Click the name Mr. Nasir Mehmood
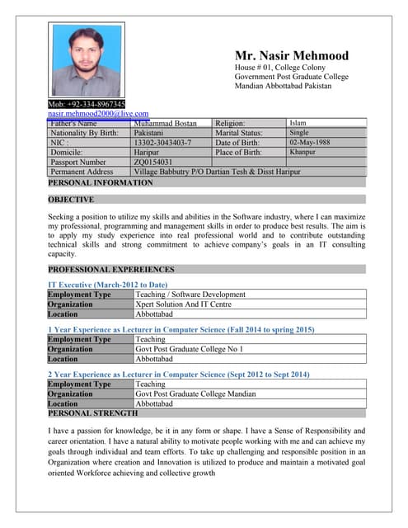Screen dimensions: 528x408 coord(291,56)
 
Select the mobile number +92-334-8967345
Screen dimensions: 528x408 coord(87,105)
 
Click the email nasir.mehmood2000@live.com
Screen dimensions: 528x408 coord(98,114)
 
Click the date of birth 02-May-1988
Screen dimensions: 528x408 coord(309,142)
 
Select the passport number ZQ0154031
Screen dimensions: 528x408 coord(153,162)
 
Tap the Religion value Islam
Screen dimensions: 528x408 coord(298,123)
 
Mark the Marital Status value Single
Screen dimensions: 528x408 coord(299,132)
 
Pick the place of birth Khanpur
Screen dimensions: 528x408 coord(302,152)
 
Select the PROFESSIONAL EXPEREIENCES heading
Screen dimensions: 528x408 coord(111,269)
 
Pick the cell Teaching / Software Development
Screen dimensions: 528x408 coord(190,294)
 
